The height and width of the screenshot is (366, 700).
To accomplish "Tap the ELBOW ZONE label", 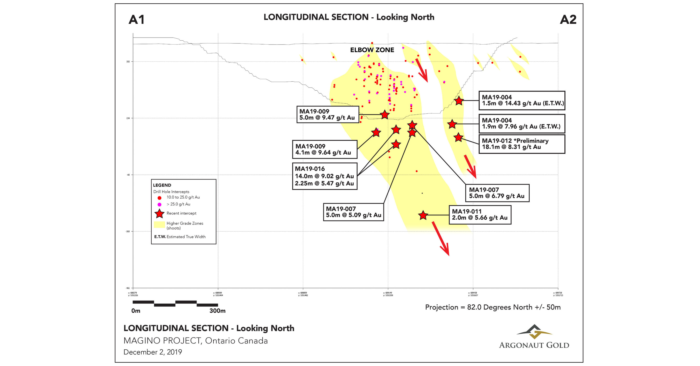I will coord(372,50).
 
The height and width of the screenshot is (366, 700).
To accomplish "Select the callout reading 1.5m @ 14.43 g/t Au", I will coord(522,101).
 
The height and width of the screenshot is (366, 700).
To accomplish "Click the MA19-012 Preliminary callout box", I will coord(522,144).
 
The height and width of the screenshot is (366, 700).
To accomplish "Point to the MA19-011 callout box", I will coord(480,215).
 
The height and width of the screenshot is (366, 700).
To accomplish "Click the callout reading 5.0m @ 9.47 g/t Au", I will coord(327,114).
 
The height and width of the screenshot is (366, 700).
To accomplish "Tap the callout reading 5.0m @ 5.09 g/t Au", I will coord(353,212).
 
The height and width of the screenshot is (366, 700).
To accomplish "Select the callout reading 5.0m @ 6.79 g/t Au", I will coord(497,193).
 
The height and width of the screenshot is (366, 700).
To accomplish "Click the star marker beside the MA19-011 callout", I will coord(423,215).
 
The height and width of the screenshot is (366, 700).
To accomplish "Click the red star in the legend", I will coord(159,214).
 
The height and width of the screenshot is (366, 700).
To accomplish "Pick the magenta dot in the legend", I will coord(159,204).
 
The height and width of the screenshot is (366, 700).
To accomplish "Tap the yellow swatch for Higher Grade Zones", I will coord(159,225).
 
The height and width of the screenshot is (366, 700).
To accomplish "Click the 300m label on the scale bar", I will coord(218,311).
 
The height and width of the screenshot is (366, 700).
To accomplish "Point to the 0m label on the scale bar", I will coord(136,311).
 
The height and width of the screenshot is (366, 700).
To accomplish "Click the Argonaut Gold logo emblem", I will coord(534,332).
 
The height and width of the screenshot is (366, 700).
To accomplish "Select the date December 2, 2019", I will coord(153,352).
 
